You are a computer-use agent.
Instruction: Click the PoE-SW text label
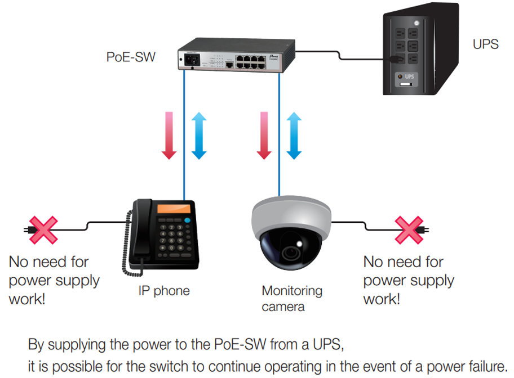click(131, 57)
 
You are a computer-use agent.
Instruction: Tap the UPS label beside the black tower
click(486, 44)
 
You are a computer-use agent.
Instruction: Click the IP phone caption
click(164, 291)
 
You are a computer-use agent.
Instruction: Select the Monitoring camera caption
click(292, 299)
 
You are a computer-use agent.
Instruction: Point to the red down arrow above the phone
click(169, 135)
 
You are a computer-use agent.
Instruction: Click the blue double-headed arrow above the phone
click(199, 135)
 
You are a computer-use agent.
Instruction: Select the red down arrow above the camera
click(263, 135)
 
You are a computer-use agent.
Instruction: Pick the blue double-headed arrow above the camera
click(293, 135)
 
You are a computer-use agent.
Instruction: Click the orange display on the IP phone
click(174, 209)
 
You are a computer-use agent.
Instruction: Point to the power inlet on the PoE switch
click(188, 58)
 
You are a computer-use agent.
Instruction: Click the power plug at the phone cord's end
click(27, 229)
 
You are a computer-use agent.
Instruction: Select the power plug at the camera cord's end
click(427, 229)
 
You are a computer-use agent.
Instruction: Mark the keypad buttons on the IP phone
click(173, 237)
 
